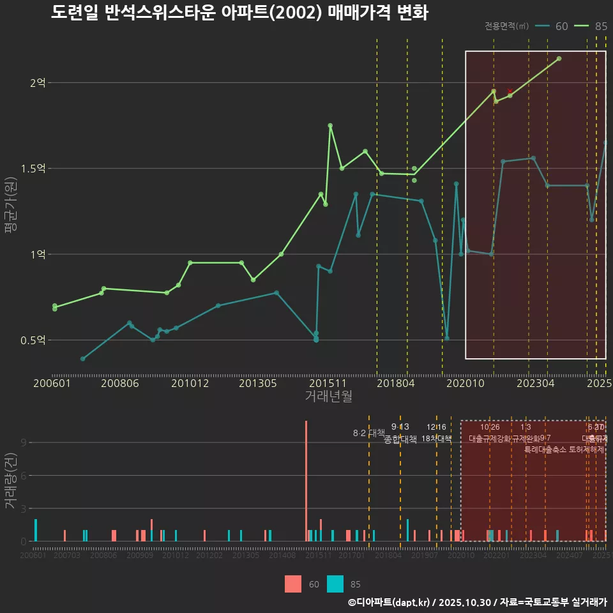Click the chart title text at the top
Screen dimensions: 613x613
pyautogui.click(x=239, y=13)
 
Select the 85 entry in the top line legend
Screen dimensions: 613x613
pyautogui.click(x=591, y=26)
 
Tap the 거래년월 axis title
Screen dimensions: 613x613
pyautogui.click(x=328, y=397)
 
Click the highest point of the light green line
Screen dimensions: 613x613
pyautogui.click(x=559, y=59)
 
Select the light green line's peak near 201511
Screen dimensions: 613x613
pyautogui.click(x=330, y=126)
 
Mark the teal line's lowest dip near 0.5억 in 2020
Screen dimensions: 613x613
pyautogui.click(x=447, y=338)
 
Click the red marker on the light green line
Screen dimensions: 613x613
pyautogui.click(x=510, y=91)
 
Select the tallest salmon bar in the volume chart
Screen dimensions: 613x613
pyautogui.click(x=306, y=480)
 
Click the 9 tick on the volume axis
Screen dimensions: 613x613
pyautogui.click(x=24, y=443)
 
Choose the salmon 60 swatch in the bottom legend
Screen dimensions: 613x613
pyautogui.click(x=292, y=584)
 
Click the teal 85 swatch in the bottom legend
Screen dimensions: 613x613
pyautogui.click(x=335, y=584)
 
